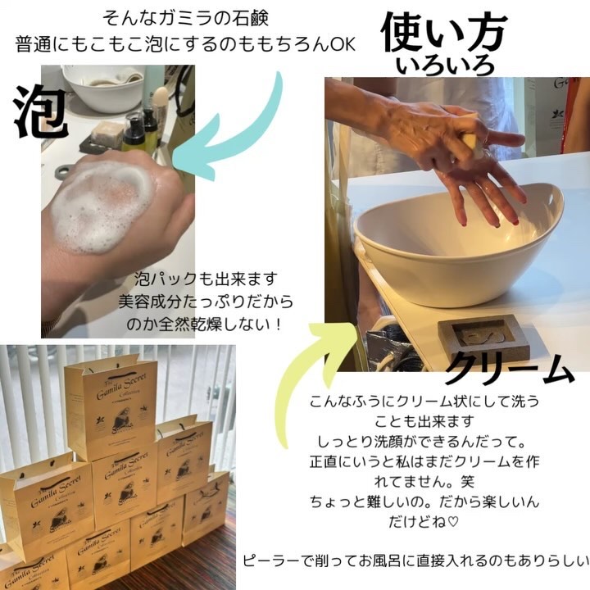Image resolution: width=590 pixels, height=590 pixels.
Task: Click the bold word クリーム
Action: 508,371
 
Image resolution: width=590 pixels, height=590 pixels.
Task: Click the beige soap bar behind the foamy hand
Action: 107,131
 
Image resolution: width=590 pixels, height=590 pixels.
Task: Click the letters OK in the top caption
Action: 342,43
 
